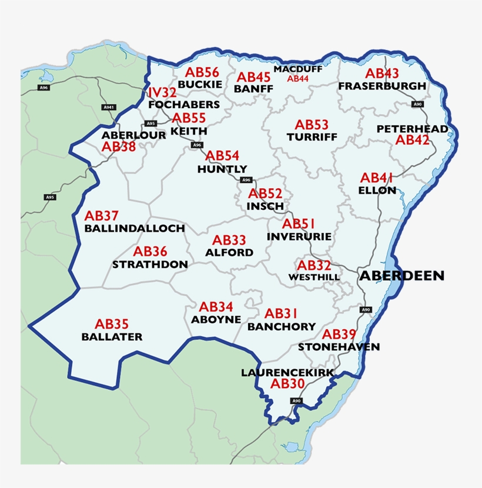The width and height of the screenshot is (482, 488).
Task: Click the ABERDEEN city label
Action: (x=402, y=275)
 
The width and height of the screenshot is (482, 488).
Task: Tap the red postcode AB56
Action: (x=203, y=72)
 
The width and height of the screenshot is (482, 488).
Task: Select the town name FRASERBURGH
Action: (x=382, y=86)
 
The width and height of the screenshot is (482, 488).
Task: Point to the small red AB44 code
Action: (x=298, y=78)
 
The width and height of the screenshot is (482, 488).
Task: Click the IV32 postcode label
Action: (x=162, y=93)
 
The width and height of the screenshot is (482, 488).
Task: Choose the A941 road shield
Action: (x=109, y=107)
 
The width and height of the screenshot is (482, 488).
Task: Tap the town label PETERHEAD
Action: (x=412, y=129)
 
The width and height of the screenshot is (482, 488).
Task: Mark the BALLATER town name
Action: (x=112, y=337)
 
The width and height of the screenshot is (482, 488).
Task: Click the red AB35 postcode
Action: (x=112, y=324)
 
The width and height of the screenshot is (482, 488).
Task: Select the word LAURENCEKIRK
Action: (x=287, y=373)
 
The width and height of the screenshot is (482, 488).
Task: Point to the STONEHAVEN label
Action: (x=339, y=347)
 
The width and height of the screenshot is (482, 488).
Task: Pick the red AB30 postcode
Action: (x=287, y=384)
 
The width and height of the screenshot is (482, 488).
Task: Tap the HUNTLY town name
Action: (x=222, y=169)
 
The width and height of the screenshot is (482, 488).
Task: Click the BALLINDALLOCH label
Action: (x=135, y=228)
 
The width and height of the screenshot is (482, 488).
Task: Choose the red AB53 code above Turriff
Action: (x=312, y=125)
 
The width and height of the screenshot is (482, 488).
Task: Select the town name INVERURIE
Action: (x=299, y=236)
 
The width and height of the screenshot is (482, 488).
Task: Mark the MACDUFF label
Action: (x=298, y=69)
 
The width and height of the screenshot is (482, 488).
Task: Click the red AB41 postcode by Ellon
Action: (x=377, y=178)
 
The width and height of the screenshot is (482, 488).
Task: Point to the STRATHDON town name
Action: (x=150, y=265)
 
